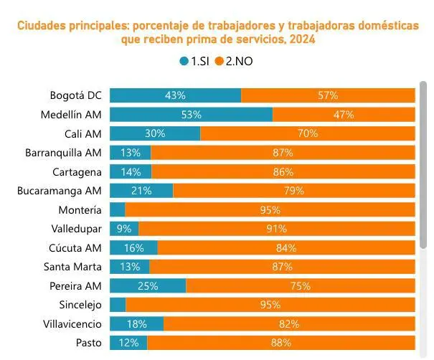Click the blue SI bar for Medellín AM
[191, 114]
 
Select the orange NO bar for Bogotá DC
[328, 95]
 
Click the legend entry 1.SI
[194, 61]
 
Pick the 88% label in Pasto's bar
[281, 343]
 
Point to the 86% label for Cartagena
[283, 171]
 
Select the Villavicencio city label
[73, 324]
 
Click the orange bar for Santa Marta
[282, 267]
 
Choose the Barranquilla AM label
[63, 152]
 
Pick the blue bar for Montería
[118, 209]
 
